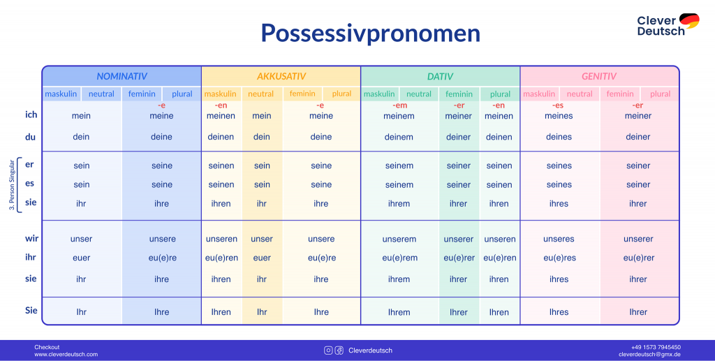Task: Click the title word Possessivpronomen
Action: tap(370, 34)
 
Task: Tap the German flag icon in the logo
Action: tap(689, 20)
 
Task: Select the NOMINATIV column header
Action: tap(121, 76)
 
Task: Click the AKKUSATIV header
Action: tap(281, 76)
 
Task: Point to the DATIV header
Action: tap(440, 76)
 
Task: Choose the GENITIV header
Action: tap(599, 76)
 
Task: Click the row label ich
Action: tap(31, 115)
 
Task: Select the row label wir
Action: tap(31, 238)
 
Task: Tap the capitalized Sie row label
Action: tap(31, 311)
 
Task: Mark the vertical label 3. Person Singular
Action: tap(12, 184)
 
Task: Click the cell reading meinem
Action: tap(399, 116)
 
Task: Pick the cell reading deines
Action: tap(559, 137)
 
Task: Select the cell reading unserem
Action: tap(399, 239)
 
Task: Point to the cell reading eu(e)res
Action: tap(559, 258)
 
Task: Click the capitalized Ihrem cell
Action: tap(399, 312)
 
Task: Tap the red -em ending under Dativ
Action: tap(399, 105)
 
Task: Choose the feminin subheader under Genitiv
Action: tap(620, 94)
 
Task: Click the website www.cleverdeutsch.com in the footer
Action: tap(66, 354)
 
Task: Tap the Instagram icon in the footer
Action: tap(328, 350)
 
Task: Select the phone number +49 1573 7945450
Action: tap(656, 347)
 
